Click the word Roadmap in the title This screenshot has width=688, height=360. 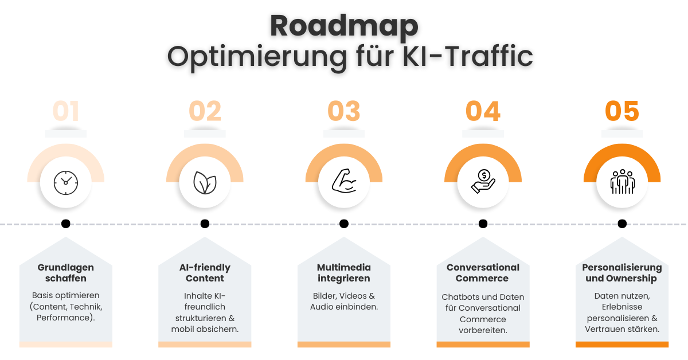tap(344, 26)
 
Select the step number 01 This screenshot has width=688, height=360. tap(66, 111)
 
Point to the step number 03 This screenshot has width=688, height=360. tap(344, 111)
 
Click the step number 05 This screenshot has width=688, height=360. tap(622, 111)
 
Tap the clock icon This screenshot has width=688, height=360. tap(66, 182)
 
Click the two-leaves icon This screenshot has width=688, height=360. tap(205, 182)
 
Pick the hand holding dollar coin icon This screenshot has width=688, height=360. tap(483, 181)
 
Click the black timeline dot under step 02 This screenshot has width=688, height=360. tap(205, 224)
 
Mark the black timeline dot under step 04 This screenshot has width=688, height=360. tap(483, 224)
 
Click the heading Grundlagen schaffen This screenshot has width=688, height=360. tap(66, 273)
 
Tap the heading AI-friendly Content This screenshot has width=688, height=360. tap(205, 273)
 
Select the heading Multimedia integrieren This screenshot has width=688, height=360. tap(344, 273)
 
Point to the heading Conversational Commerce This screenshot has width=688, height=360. tap(483, 273)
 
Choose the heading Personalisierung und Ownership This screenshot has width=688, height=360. tap(622, 273)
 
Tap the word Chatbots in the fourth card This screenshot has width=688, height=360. tap(460, 297)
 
